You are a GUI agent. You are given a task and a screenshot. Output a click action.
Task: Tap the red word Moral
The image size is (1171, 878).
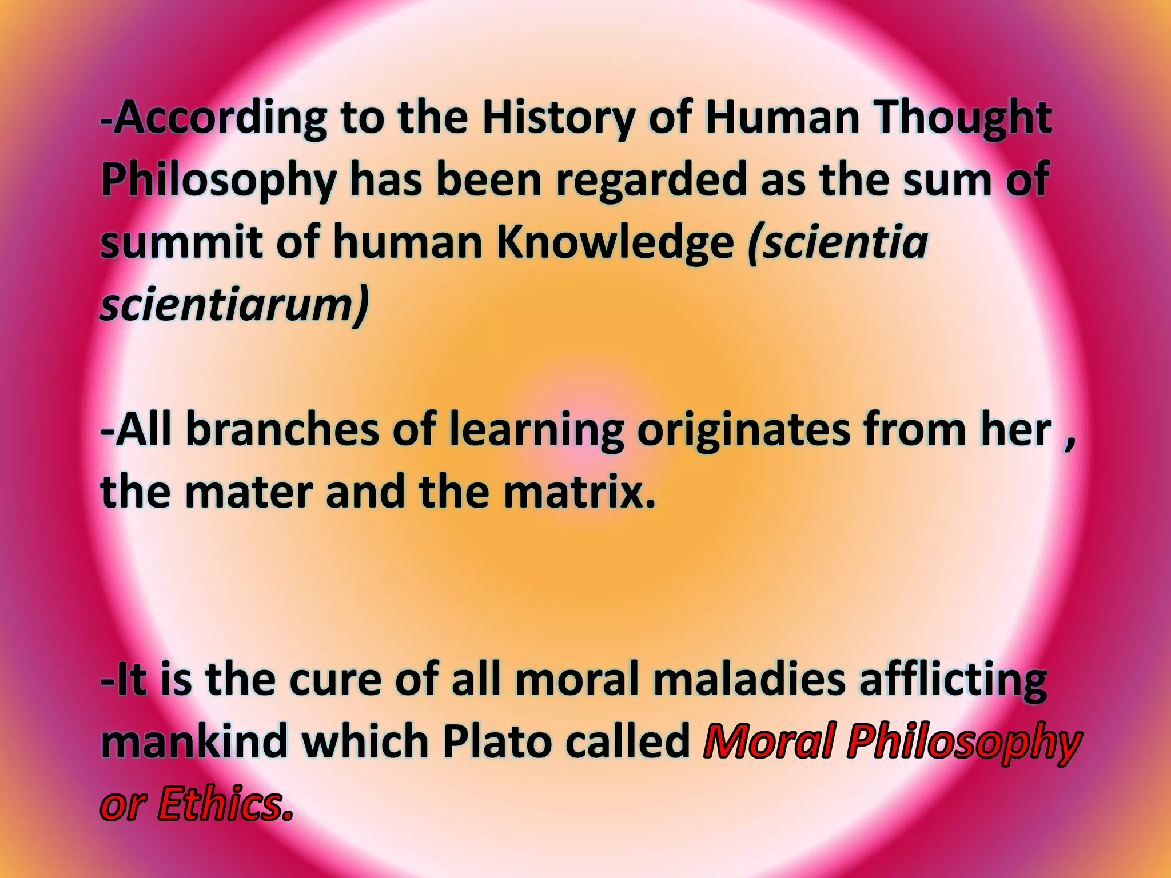click(770, 742)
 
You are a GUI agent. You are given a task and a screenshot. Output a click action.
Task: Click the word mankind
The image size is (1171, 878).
click(194, 742)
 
